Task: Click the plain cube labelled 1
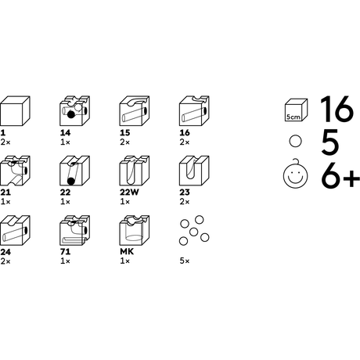15,111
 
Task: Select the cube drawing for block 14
75,111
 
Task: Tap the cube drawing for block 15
135,111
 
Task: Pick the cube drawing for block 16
194,111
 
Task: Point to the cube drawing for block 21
15,171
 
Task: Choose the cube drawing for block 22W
135,171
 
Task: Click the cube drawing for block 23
194,171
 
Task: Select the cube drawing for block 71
75,230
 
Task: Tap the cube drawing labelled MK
135,230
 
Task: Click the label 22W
129,193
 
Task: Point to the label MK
127,252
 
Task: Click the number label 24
5,252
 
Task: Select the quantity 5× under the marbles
185,261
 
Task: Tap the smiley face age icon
295,174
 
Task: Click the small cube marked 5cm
296,110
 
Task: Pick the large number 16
337,109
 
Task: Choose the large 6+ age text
340,175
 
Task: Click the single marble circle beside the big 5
296,141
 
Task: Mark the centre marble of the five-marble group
193,232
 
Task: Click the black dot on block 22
70,181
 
